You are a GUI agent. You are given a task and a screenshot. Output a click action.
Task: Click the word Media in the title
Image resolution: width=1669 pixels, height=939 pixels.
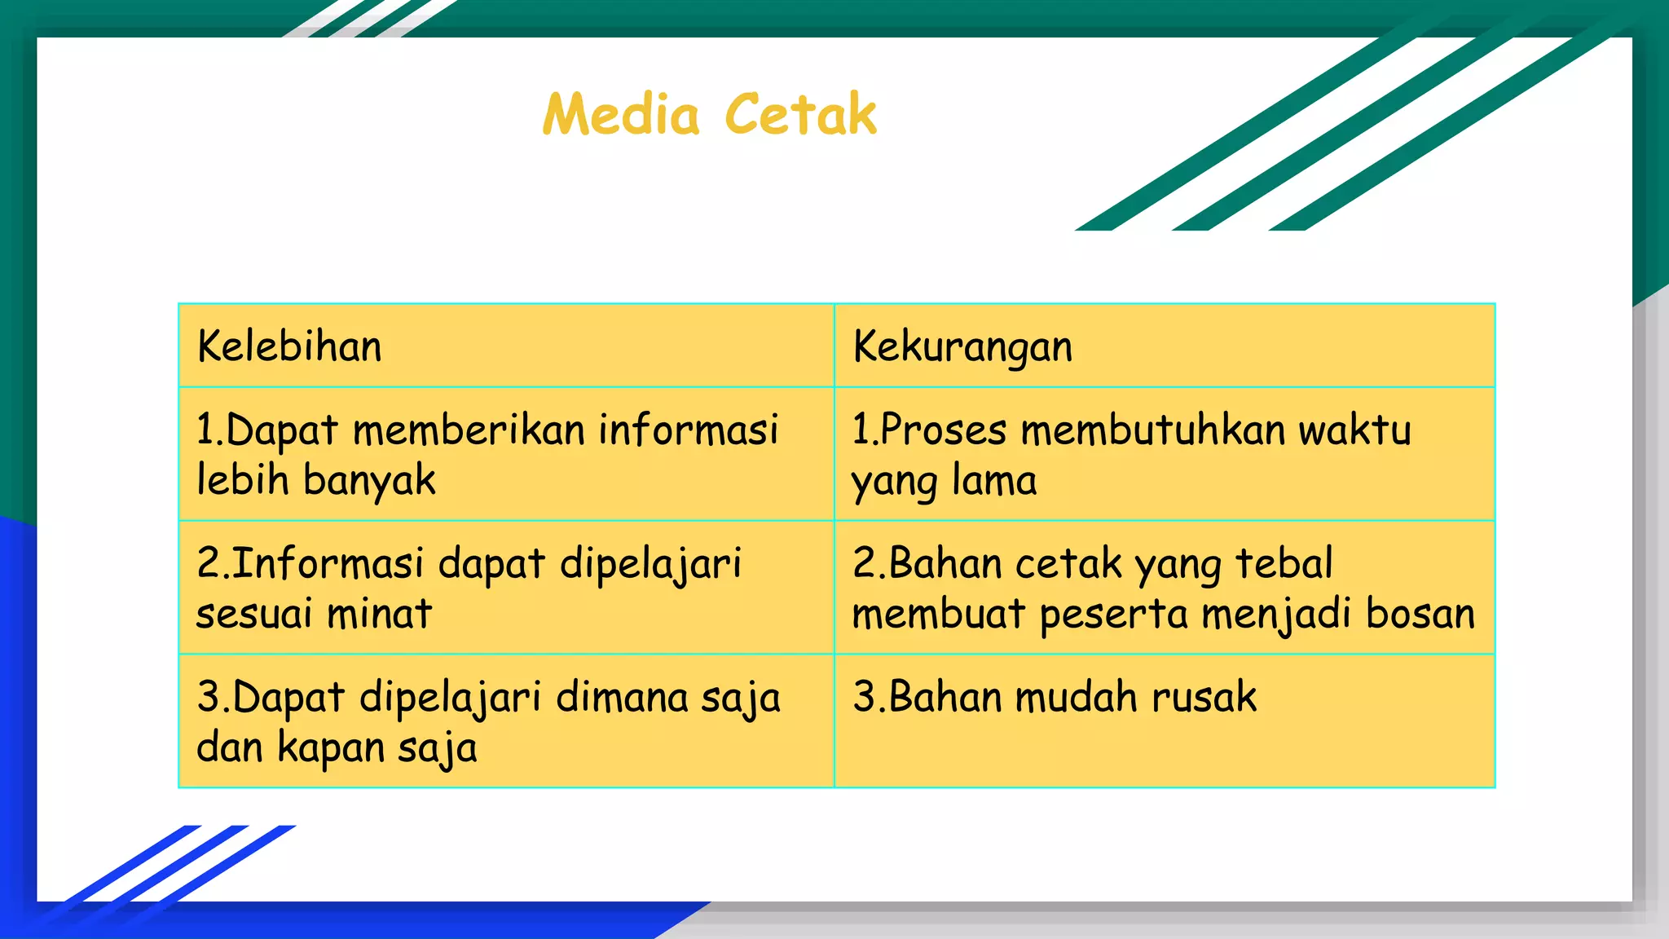pos(621,114)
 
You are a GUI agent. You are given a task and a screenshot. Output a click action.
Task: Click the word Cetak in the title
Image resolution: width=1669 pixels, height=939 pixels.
pos(800,114)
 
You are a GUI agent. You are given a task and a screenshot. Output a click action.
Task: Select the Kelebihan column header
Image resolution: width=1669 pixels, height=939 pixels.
pos(289,346)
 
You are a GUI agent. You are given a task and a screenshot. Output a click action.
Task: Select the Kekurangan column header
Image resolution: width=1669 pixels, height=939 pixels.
pos(962,347)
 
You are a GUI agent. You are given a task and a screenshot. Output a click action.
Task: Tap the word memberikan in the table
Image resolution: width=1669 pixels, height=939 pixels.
pos(469,430)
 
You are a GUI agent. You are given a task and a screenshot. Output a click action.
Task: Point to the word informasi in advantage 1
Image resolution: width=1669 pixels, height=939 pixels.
pos(689,430)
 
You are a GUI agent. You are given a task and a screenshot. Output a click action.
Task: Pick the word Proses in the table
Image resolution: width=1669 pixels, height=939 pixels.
pos(944,430)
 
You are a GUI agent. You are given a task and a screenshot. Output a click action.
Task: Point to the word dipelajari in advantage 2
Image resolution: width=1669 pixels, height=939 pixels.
pos(650,564)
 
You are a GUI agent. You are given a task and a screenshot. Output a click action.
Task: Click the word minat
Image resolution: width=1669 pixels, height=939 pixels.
pos(379,614)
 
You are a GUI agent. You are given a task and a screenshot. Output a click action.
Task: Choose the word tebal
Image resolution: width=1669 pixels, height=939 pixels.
pos(1284,563)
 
